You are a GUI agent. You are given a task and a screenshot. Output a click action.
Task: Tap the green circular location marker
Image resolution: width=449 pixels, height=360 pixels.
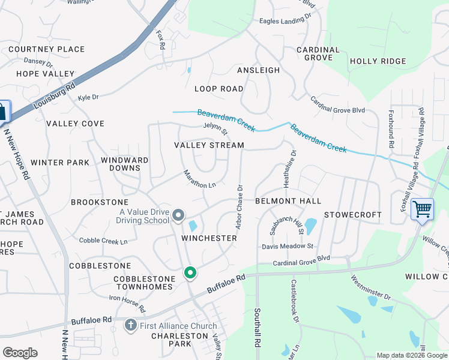pos(190,274)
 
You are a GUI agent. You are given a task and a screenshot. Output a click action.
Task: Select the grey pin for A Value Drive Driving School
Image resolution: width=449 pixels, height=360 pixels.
pos(178,215)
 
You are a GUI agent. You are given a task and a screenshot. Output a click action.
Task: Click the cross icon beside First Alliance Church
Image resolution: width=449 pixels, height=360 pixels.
pos(130,326)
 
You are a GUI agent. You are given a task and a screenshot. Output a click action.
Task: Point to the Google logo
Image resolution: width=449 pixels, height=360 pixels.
pos(20,353)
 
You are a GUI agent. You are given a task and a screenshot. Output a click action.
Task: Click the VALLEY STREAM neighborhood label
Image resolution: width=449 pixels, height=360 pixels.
pos(209,145)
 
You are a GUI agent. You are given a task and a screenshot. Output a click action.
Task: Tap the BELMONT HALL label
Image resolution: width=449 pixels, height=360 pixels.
pos(288,201)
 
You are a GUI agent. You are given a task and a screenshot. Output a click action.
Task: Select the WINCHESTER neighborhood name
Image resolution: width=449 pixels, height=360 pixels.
pos(209,238)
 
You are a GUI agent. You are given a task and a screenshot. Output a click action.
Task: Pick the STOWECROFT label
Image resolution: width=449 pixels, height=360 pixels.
pos(353,214)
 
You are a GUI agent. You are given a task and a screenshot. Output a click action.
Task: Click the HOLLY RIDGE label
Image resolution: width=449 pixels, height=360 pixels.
pos(378,61)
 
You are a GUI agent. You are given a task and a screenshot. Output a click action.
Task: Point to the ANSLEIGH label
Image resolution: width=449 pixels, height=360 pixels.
pos(258,70)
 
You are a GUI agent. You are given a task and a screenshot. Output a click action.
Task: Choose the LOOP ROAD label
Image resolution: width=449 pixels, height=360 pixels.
pos(219,89)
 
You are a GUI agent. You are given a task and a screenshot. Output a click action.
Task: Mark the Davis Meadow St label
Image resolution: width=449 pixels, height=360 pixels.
pos(288,246)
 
